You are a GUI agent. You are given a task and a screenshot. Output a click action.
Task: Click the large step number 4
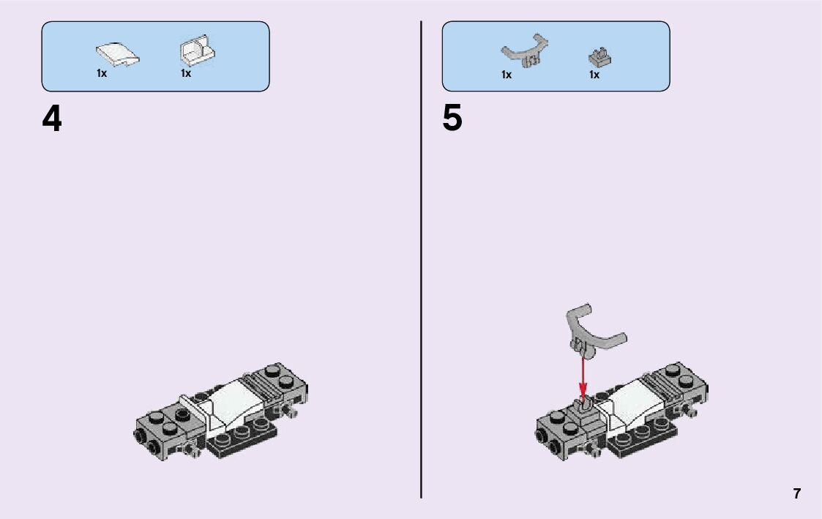(52, 119)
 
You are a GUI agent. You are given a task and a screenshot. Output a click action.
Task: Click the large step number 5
(452, 118)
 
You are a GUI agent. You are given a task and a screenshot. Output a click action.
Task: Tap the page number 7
(797, 493)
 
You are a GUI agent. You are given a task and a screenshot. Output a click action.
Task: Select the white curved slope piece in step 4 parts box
(117, 54)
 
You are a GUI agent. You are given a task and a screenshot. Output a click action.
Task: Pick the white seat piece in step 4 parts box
(198, 51)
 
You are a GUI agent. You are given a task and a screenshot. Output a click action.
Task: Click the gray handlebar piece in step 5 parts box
(525, 51)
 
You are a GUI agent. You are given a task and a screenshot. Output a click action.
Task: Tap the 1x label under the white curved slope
(102, 73)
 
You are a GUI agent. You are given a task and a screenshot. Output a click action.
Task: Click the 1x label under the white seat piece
(186, 73)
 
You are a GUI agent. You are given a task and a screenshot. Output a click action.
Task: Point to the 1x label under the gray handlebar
(507, 75)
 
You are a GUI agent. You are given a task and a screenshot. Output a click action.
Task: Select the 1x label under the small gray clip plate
(594, 75)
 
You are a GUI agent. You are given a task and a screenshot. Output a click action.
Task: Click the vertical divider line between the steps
(421, 259)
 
